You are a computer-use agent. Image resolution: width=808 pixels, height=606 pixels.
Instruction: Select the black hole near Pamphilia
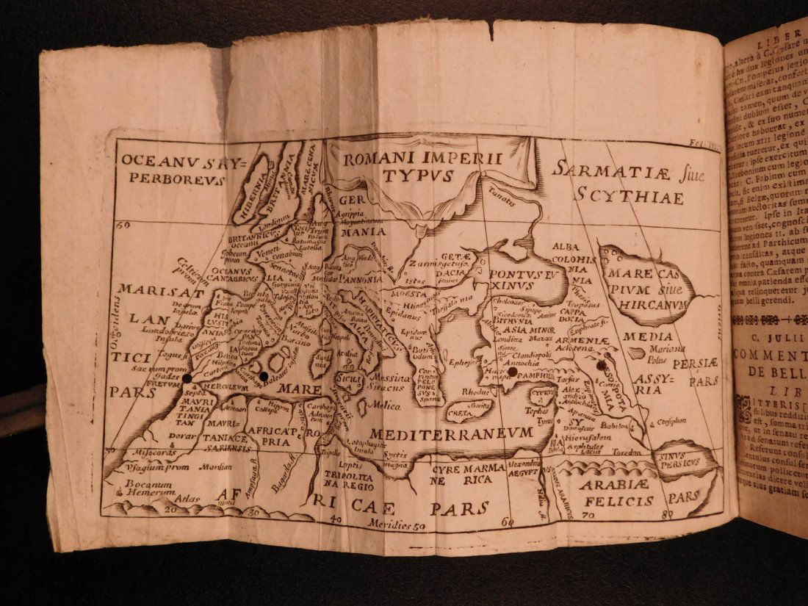[513, 372]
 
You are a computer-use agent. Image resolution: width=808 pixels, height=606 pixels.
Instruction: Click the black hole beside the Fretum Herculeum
[187, 377]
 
